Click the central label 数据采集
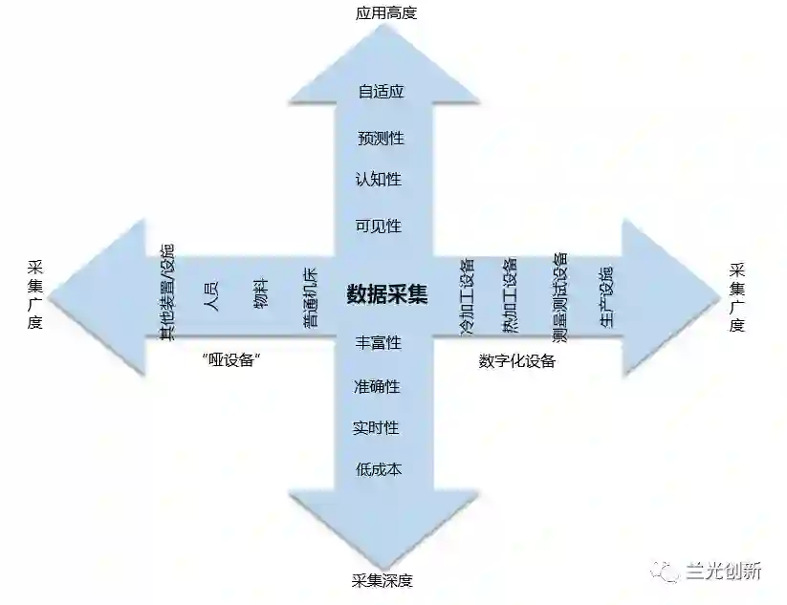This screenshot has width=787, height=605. [x=386, y=293]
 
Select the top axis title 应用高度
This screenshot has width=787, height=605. [x=386, y=13]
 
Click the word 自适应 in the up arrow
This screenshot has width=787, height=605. [x=382, y=93]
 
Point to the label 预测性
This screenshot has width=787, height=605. [x=381, y=139]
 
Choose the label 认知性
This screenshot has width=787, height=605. [x=379, y=179]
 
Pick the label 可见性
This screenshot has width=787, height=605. [x=379, y=227]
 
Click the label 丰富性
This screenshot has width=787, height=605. [x=379, y=342]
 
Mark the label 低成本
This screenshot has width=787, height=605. [x=379, y=469]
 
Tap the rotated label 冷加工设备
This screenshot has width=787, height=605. [x=468, y=294]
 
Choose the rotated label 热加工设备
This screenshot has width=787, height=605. [x=510, y=294]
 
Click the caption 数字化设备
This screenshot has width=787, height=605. [x=517, y=362]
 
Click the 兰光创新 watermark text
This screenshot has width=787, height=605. [x=724, y=573]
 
